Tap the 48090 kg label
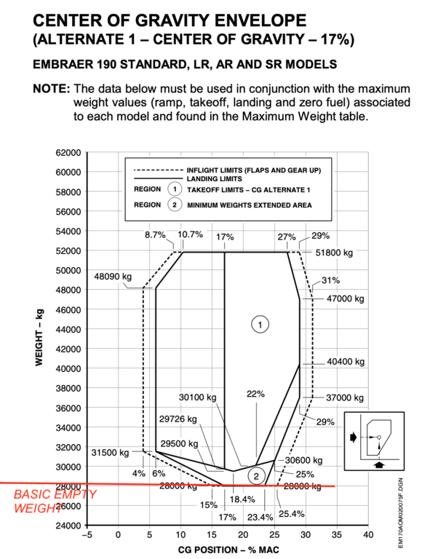113,277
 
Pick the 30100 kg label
198,397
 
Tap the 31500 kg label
111,451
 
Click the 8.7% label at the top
155,235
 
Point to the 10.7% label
190,235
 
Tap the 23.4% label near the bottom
259,517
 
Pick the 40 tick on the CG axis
368,536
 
